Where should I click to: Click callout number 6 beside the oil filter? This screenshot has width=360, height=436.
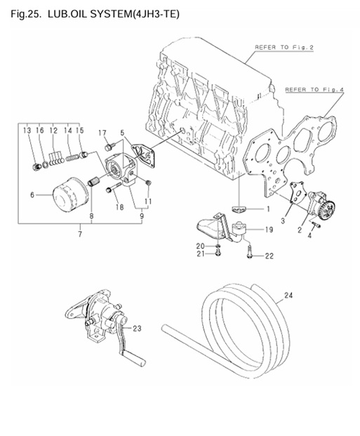pos(32,196)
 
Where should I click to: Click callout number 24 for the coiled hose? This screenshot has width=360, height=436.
pos(286,296)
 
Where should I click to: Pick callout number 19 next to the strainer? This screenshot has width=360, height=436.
pos(269,229)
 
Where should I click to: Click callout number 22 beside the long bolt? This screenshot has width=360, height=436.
pos(269,256)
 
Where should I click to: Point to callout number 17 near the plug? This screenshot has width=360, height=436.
pos(102,133)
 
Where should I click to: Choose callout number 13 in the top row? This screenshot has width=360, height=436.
pos(26,131)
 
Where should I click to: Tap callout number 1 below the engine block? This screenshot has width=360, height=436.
pos(267,209)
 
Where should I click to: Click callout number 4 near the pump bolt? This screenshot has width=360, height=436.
pos(312,237)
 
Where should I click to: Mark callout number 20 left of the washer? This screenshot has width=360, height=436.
pos(201,245)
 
